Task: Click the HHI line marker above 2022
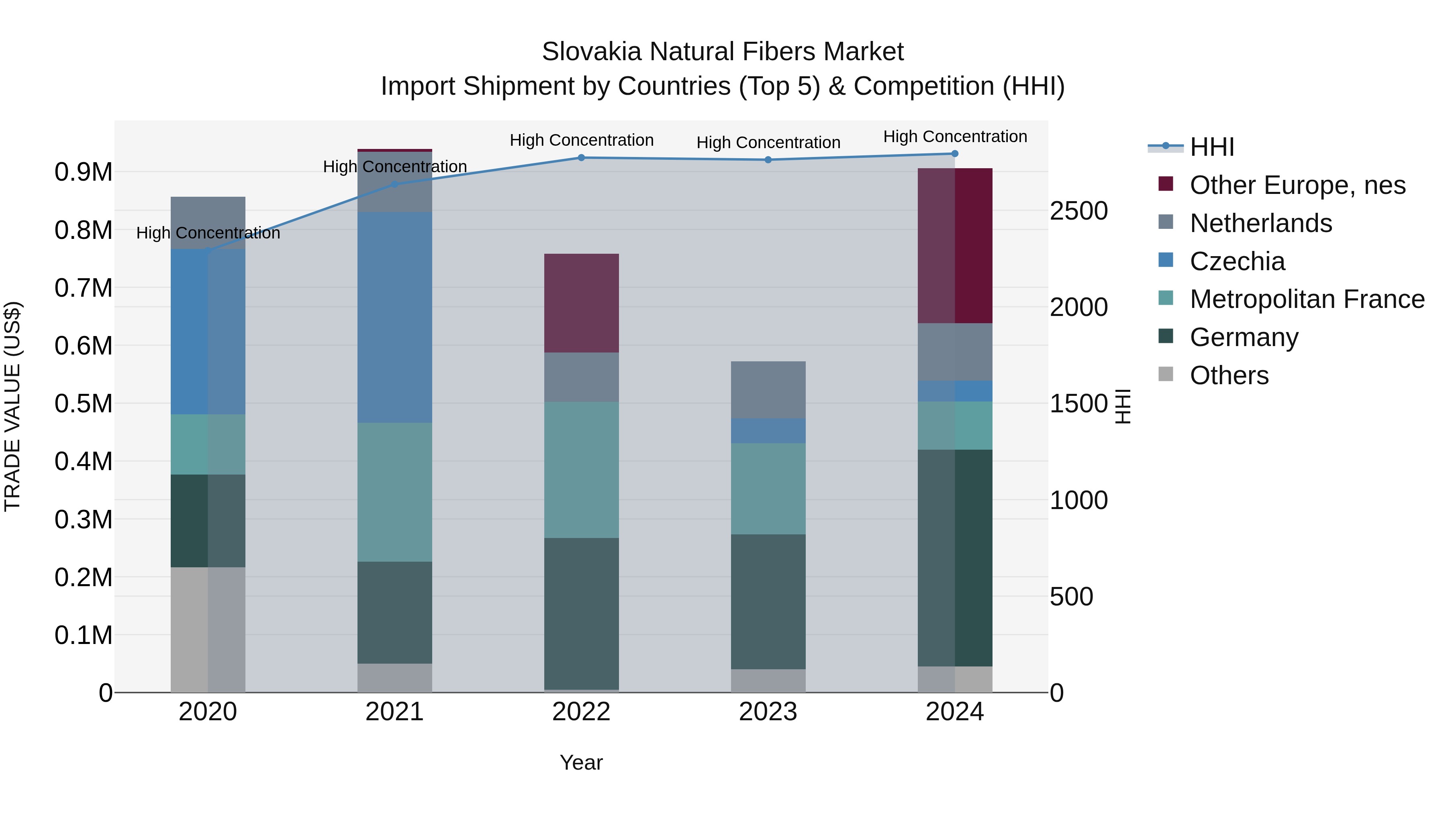click(x=582, y=158)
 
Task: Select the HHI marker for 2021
click(x=394, y=184)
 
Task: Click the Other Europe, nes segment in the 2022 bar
click(x=582, y=303)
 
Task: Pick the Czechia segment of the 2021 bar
click(x=394, y=317)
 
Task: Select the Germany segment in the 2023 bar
click(x=768, y=601)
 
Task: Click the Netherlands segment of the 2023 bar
click(x=768, y=390)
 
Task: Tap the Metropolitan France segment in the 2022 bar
click(x=582, y=470)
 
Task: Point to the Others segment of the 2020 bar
click(x=208, y=630)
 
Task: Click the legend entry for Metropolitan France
click(x=1307, y=299)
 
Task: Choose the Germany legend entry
click(x=1244, y=337)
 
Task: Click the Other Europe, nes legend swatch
click(x=1166, y=184)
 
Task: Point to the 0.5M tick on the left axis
click(x=84, y=403)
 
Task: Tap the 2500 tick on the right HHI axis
click(x=1078, y=211)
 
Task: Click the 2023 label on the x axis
click(x=768, y=712)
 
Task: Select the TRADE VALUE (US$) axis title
click(x=12, y=406)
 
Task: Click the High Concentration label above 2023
click(x=768, y=143)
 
